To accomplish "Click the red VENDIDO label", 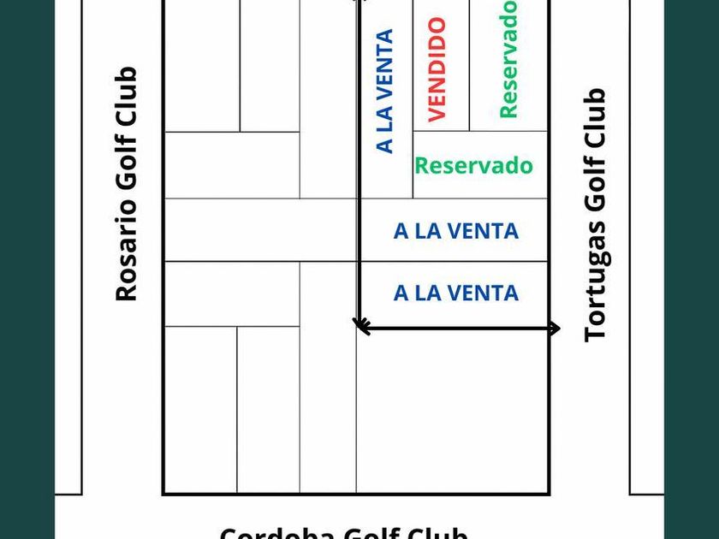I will coord(437,69).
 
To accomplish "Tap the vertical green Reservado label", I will coord(508,58).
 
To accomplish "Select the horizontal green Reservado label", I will coord(473,165).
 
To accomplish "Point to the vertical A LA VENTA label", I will coord(385,91).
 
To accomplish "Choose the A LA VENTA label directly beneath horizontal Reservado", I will coord(455,231).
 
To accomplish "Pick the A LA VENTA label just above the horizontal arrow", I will coord(455,293).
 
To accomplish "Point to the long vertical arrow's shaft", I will coord(359,171).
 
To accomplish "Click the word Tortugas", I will coord(595,283).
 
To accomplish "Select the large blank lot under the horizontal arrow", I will coord(452,411).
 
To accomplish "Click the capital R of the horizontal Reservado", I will coord(421,165).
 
